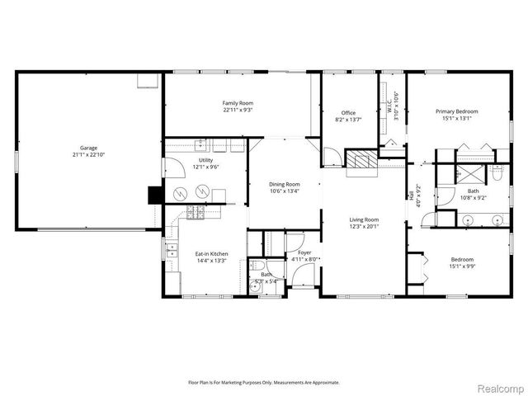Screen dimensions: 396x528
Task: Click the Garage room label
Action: click(88, 148)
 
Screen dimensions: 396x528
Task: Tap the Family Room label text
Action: click(237, 103)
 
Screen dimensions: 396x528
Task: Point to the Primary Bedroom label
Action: click(456, 111)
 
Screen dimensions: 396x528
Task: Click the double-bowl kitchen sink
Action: click(171, 250)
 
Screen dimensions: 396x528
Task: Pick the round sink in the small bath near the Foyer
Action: click(257, 285)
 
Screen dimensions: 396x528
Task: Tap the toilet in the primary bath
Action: click(497, 173)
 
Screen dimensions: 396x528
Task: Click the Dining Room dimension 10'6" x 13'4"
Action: click(285, 191)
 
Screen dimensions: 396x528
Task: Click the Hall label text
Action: click(411, 195)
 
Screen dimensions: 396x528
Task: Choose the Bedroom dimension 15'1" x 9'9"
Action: click(456, 266)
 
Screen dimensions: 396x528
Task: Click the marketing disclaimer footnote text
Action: click(263, 382)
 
